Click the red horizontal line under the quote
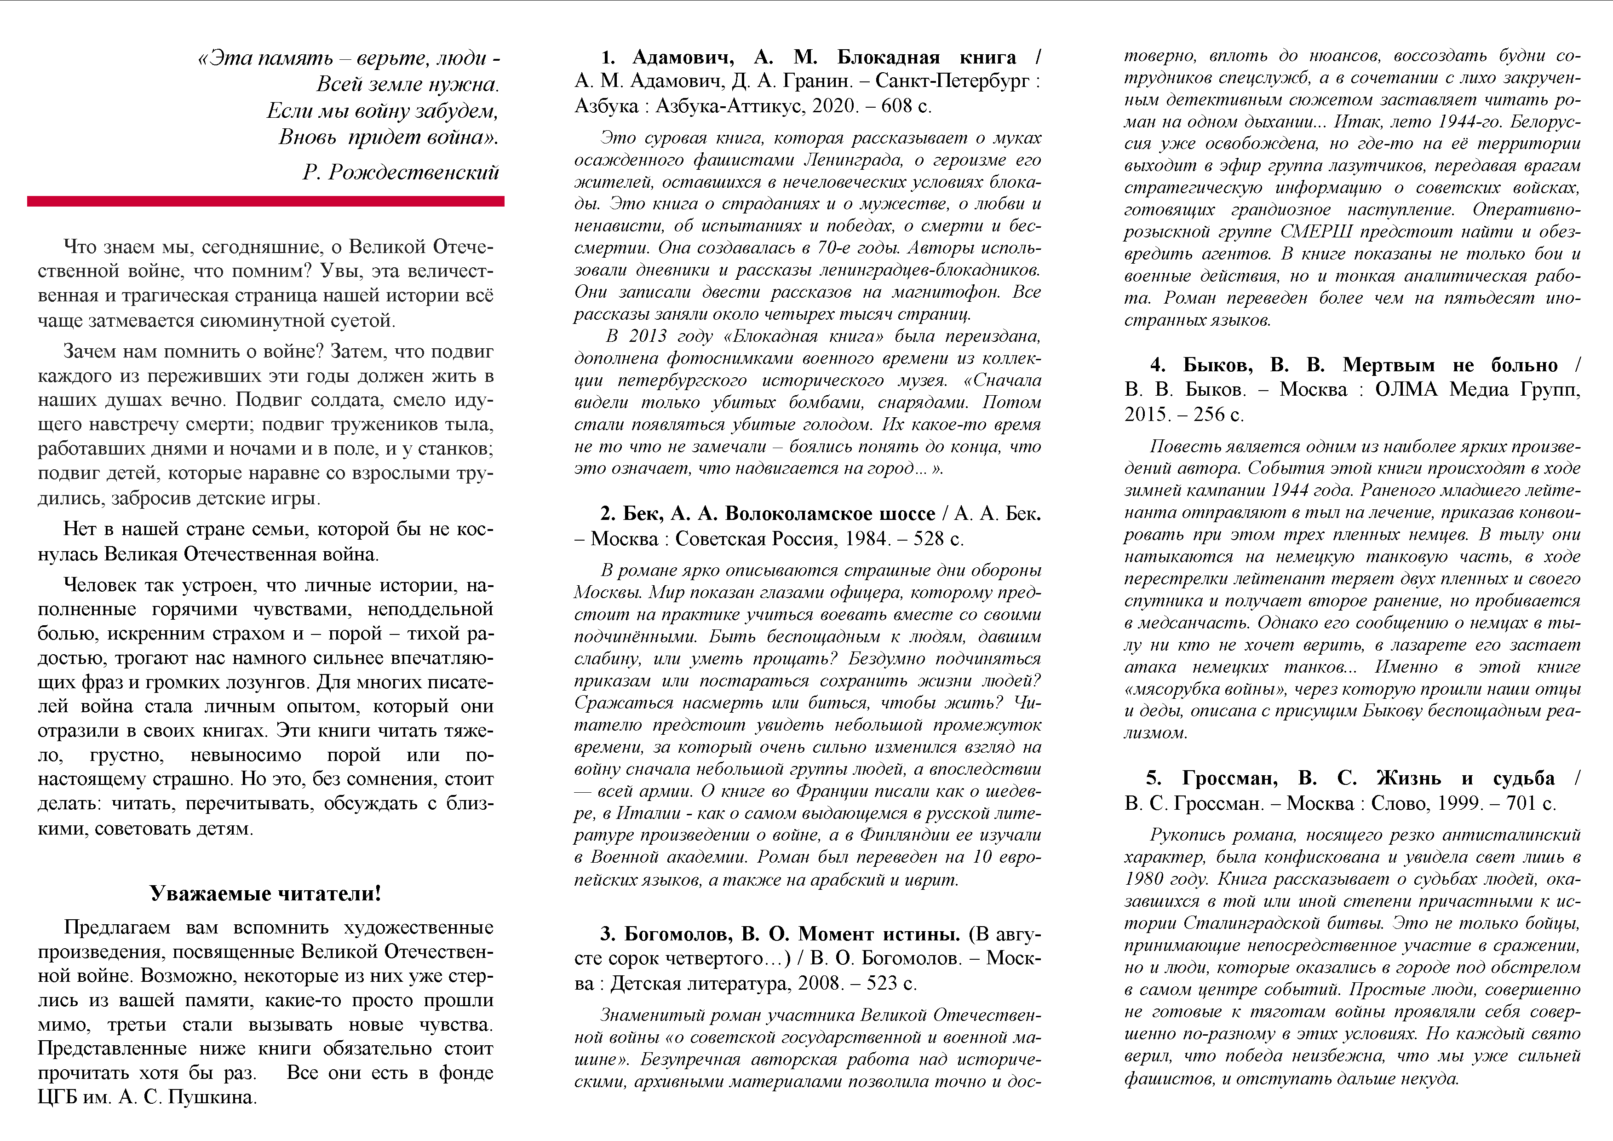265,202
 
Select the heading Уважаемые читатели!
265,893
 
